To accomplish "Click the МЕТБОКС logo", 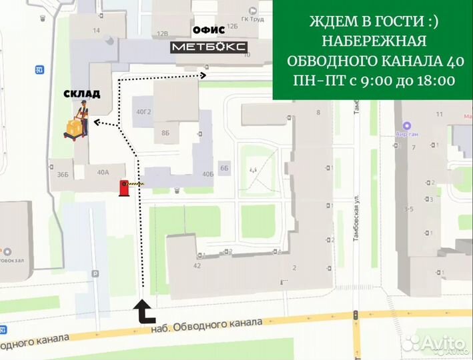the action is click(209, 46).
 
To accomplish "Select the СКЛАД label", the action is click(82, 94).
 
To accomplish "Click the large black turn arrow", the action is click(144, 311).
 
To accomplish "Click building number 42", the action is click(197, 265).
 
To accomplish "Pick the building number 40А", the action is click(103, 172).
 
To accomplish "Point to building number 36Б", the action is click(63, 174).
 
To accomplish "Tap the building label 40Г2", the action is click(143, 111).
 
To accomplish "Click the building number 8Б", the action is click(165, 133).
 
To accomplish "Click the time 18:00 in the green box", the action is click(434, 81).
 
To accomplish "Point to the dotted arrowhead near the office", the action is click(203, 76).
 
